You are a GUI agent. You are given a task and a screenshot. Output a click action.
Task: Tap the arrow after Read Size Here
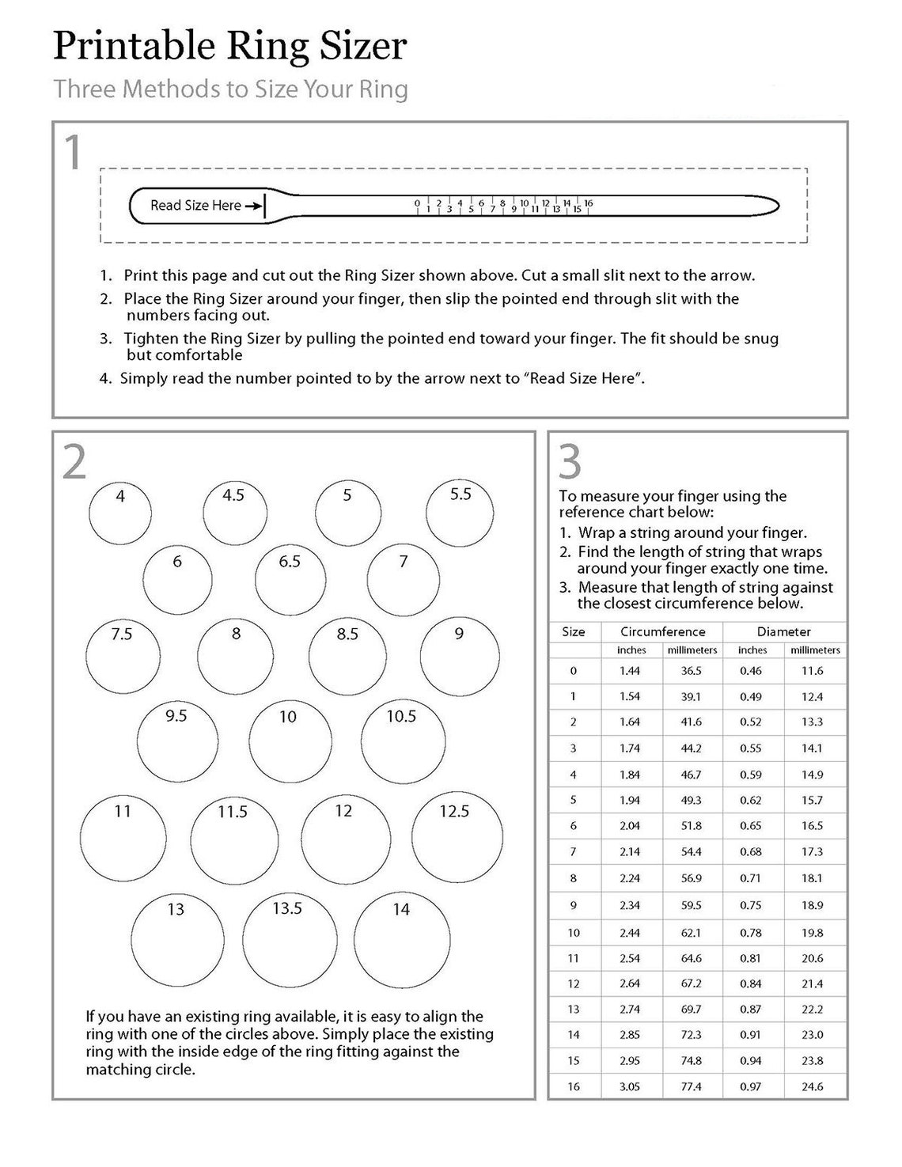(x=253, y=206)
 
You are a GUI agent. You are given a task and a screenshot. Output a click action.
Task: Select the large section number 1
(x=73, y=153)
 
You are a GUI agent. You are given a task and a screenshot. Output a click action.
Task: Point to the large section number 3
(x=570, y=462)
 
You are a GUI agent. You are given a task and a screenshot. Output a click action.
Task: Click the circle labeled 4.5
(x=235, y=513)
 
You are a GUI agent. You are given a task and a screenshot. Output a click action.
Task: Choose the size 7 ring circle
(x=404, y=579)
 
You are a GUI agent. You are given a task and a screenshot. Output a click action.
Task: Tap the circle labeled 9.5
(x=176, y=743)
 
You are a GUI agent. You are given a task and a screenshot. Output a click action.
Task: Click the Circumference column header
(x=662, y=631)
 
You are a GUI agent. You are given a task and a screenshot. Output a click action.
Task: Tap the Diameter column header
(x=783, y=631)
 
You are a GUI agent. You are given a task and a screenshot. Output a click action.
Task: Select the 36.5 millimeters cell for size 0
(x=691, y=671)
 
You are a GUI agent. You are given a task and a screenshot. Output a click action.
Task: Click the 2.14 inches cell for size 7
(x=630, y=852)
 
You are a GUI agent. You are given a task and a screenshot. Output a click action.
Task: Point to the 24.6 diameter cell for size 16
(x=812, y=1086)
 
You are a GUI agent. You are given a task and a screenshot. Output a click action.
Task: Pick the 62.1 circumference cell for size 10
(x=691, y=933)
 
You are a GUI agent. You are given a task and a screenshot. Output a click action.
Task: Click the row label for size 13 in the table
(x=574, y=1010)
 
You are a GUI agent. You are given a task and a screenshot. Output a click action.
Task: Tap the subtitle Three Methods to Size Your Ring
(x=230, y=89)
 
